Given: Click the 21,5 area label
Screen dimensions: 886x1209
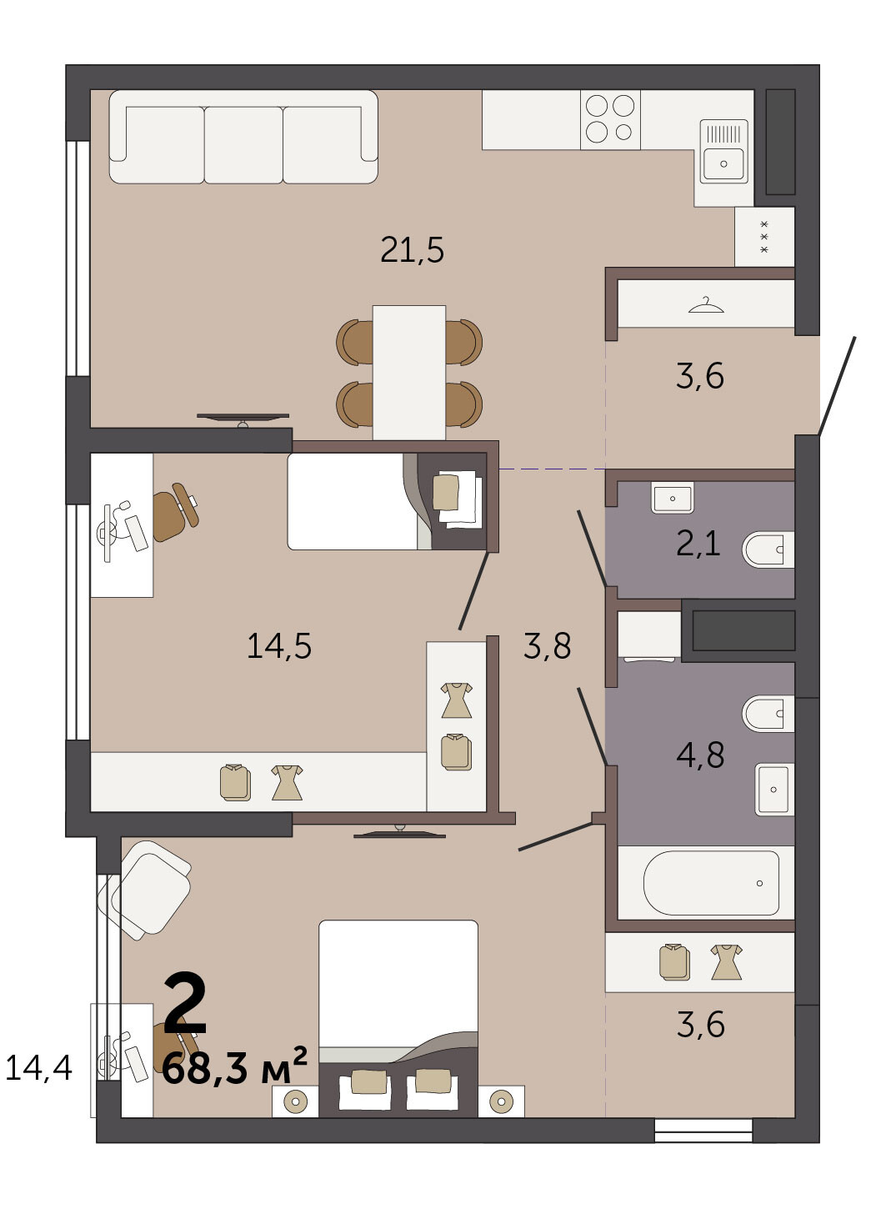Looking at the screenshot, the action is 413,250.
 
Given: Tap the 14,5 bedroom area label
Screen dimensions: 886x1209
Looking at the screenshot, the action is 279,646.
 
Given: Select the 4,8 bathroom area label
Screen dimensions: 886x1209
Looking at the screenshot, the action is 700,755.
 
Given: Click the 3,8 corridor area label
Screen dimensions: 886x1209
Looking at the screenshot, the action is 547,646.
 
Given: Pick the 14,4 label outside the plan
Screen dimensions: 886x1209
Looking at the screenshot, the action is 39,1067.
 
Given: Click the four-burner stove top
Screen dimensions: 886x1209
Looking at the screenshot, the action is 610,119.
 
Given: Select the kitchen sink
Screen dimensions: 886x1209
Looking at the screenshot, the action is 723,152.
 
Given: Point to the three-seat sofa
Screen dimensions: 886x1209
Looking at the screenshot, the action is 243,137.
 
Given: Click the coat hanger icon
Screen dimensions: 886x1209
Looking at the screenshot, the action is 706,305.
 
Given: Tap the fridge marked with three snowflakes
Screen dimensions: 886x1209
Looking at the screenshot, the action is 764,237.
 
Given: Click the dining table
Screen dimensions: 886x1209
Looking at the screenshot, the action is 409,373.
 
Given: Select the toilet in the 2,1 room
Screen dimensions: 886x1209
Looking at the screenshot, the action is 768,549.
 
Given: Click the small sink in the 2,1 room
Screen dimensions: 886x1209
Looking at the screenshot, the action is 673,498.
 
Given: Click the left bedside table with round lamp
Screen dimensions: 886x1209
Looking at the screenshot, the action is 295,1101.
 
